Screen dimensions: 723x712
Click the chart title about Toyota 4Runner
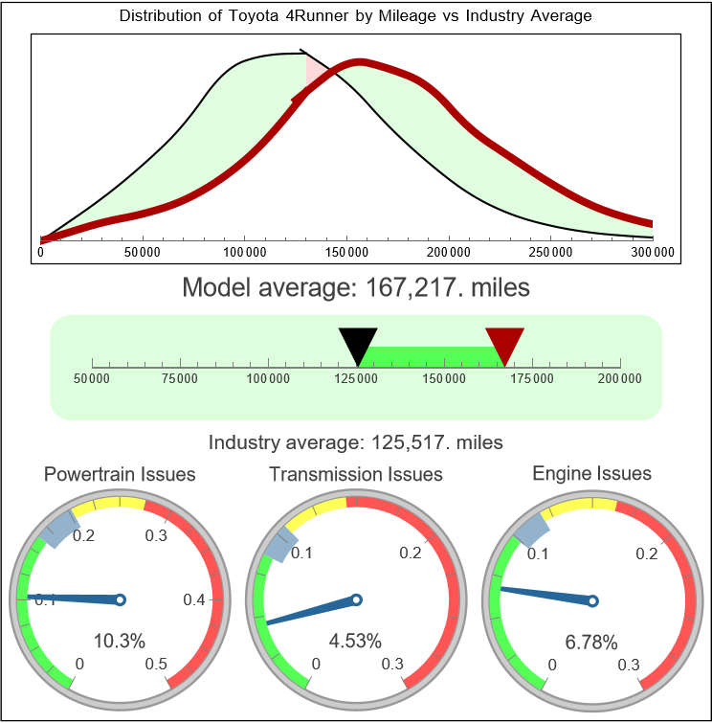pos(356,16)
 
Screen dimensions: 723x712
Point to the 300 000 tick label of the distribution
pos(654,252)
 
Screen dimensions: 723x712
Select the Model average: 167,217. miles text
pos(356,286)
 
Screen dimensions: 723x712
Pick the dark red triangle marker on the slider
pos(504,340)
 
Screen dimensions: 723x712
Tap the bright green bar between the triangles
pos(431,355)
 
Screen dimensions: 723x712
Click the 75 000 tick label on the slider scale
pos(180,379)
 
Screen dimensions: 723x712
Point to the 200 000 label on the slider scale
pos(620,379)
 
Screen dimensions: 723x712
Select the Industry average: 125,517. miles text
pos(356,442)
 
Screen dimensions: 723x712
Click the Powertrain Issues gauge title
pos(120,474)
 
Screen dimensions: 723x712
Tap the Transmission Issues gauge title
pos(356,474)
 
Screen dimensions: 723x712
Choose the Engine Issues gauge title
pos(591,473)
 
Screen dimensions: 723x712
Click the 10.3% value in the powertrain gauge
pos(120,641)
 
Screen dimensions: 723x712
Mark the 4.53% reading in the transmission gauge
pos(355,641)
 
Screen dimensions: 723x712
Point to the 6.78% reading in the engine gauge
pos(590,641)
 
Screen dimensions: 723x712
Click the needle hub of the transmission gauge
pos(356,600)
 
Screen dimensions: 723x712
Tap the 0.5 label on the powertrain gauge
pos(156,664)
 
